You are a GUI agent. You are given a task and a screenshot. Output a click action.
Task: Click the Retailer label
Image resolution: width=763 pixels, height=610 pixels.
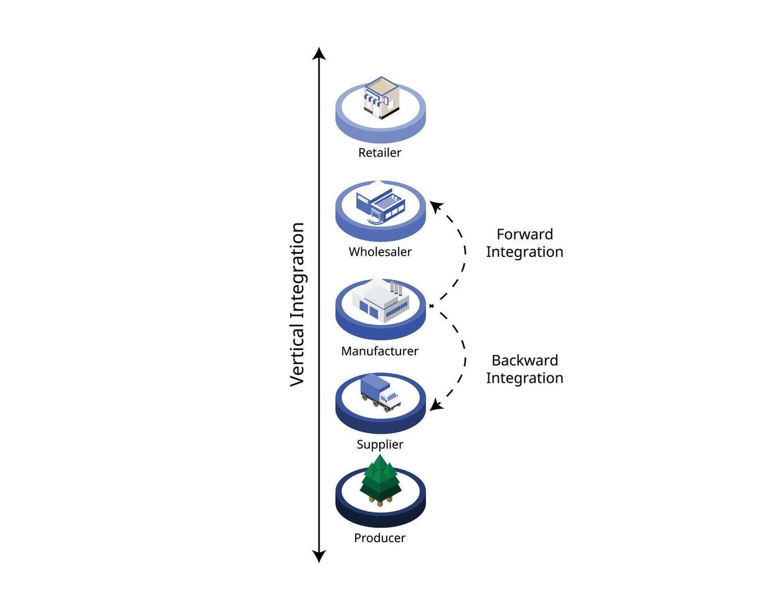pyautogui.click(x=379, y=152)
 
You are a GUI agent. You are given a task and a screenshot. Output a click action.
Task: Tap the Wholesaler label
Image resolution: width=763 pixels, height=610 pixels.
pyautogui.click(x=380, y=252)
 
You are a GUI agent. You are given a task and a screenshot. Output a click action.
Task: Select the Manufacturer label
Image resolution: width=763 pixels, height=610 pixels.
pyautogui.click(x=379, y=351)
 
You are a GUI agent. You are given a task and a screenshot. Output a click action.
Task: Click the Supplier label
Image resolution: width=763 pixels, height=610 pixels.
pyautogui.click(x=380, y=444)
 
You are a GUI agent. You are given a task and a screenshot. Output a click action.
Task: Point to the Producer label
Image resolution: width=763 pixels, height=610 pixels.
pyautogui.click(x=379, y=538)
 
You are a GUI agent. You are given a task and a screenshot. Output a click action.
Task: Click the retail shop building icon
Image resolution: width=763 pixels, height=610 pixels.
pyautogui.click(x=380, y=97)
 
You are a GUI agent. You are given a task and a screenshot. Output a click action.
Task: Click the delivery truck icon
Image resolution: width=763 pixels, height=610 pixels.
pyautogui.click(x=380, y=393)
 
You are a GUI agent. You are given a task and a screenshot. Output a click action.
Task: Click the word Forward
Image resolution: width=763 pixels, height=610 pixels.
pyautogui.click(x=524, y=235)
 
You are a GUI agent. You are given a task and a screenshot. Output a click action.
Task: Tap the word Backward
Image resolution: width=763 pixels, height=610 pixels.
pyautogui.click(x=524, y=360)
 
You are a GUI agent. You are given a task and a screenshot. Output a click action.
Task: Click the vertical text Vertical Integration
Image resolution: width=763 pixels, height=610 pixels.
pyautogui.click(x=298, y=304)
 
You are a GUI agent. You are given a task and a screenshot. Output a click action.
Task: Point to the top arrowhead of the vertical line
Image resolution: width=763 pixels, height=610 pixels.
pyautogui.click(x=319, y=52)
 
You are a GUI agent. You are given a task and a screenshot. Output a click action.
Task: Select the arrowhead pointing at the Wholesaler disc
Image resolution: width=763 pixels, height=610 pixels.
pyautogui.click(x=435, y=206)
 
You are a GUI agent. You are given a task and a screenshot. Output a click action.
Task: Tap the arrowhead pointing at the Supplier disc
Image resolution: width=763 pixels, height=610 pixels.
pyautogui.click(x=435, y=405)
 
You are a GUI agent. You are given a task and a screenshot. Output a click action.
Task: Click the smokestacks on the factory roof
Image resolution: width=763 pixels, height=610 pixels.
pyautogui.click(x=394, y=288)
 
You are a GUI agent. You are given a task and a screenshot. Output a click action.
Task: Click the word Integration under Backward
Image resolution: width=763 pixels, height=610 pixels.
pyautogui.click(x=524, y=378)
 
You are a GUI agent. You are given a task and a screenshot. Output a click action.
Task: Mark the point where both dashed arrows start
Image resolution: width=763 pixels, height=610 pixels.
pyautogui.click(x=431, y=306)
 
